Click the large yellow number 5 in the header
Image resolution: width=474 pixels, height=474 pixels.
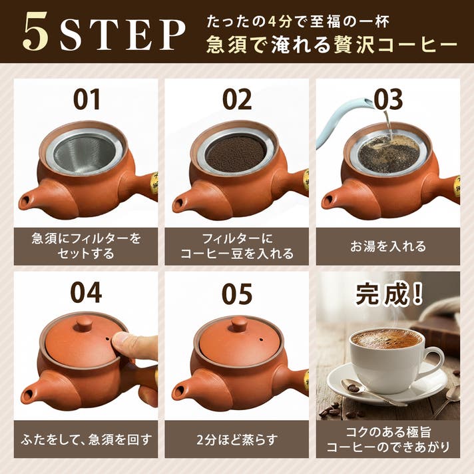click(x=36, y=31)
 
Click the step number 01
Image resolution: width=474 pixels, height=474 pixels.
click(x=87, y=100)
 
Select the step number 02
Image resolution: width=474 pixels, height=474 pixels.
click(x=237, y=100)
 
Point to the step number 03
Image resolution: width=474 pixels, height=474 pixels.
click(x=388, y=100)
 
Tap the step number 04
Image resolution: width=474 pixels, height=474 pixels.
click(x=86, y=293)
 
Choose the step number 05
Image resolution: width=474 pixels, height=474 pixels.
click(x=237, y=294)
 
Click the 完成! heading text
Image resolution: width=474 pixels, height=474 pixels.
click(x=388, y=294)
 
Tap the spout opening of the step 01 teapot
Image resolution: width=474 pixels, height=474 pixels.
click(x=26, y=200)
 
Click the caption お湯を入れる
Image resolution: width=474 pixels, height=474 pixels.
click(x=388, y=246)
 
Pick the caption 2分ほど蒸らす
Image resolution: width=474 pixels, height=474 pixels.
click(x=237, y=439)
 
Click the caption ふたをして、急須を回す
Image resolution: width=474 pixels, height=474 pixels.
click(x=86, y=439)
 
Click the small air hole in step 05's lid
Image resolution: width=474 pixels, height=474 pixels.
click(x=260, y=340)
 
